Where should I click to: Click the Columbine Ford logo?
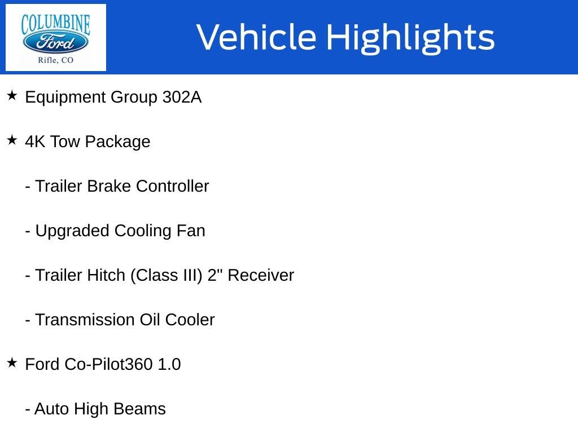point(55,37)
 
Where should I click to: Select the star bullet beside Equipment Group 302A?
point(12,96)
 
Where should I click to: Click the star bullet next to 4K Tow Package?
point(12,140)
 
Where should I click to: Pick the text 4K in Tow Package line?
point(35,142)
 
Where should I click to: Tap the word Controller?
point(172,186)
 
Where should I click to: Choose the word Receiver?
point(261,275)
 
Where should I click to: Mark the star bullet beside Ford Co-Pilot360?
point(12,363)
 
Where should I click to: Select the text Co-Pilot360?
point(108,364)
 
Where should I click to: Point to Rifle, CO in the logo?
point(55,60)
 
